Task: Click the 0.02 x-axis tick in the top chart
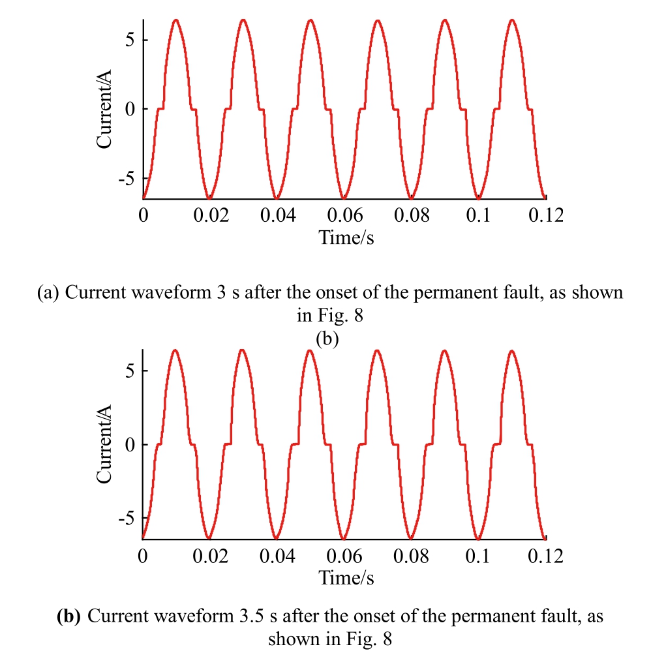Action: pos(211,215)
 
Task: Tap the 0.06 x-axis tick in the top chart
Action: pos(345,215)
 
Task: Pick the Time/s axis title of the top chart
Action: pos(346,237)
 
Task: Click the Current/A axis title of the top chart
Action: pos(106,109)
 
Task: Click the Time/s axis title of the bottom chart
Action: pos(346,577)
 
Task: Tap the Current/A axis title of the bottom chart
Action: pos(106,444)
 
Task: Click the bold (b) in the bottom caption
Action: pos(69,616)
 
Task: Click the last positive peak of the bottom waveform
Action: pos(512,351)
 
